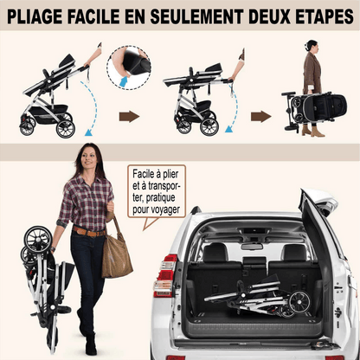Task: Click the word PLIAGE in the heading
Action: click(35, 16)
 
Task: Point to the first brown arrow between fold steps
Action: click(129, 117)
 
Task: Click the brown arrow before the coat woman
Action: click(261, 117)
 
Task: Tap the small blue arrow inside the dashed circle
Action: click(125, 81)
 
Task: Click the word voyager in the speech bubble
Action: click(164, 209)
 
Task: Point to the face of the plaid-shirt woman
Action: click(87, 158)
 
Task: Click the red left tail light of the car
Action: click(166, 274)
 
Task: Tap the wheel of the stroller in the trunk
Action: click(299, 302)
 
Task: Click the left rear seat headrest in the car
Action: click(215, 252)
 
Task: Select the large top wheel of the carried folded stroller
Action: click(38, 239)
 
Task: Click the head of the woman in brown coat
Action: click(312, 47)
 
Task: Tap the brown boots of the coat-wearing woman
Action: click(313, 131)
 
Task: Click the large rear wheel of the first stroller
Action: click(66, 129)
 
